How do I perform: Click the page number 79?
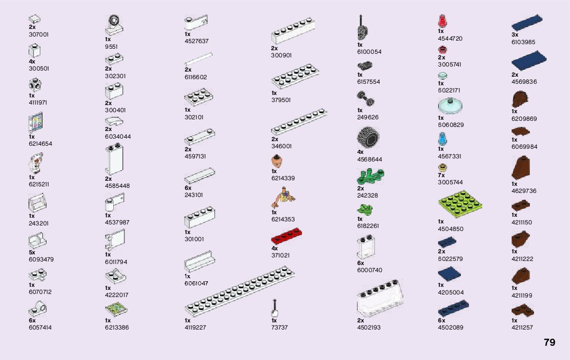click(x=549, y=343)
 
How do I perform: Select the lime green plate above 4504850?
click(x=459, y=204)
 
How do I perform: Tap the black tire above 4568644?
click(x=368, y=137)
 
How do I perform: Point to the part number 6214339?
click(x=283, y=178)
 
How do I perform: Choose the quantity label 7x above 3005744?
click(x=441, y=175)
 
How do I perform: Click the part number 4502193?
click(x=368, y=328)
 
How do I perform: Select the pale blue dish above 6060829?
click(x=450, y=107)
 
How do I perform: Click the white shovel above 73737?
click(x=274, y=308)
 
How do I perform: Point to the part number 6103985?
click(x=523, y=42)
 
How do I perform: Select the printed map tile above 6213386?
click(x=116, y=309)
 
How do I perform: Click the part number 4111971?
click(x=39, y=103)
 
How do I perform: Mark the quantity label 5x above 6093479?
click(x=32, y=252)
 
